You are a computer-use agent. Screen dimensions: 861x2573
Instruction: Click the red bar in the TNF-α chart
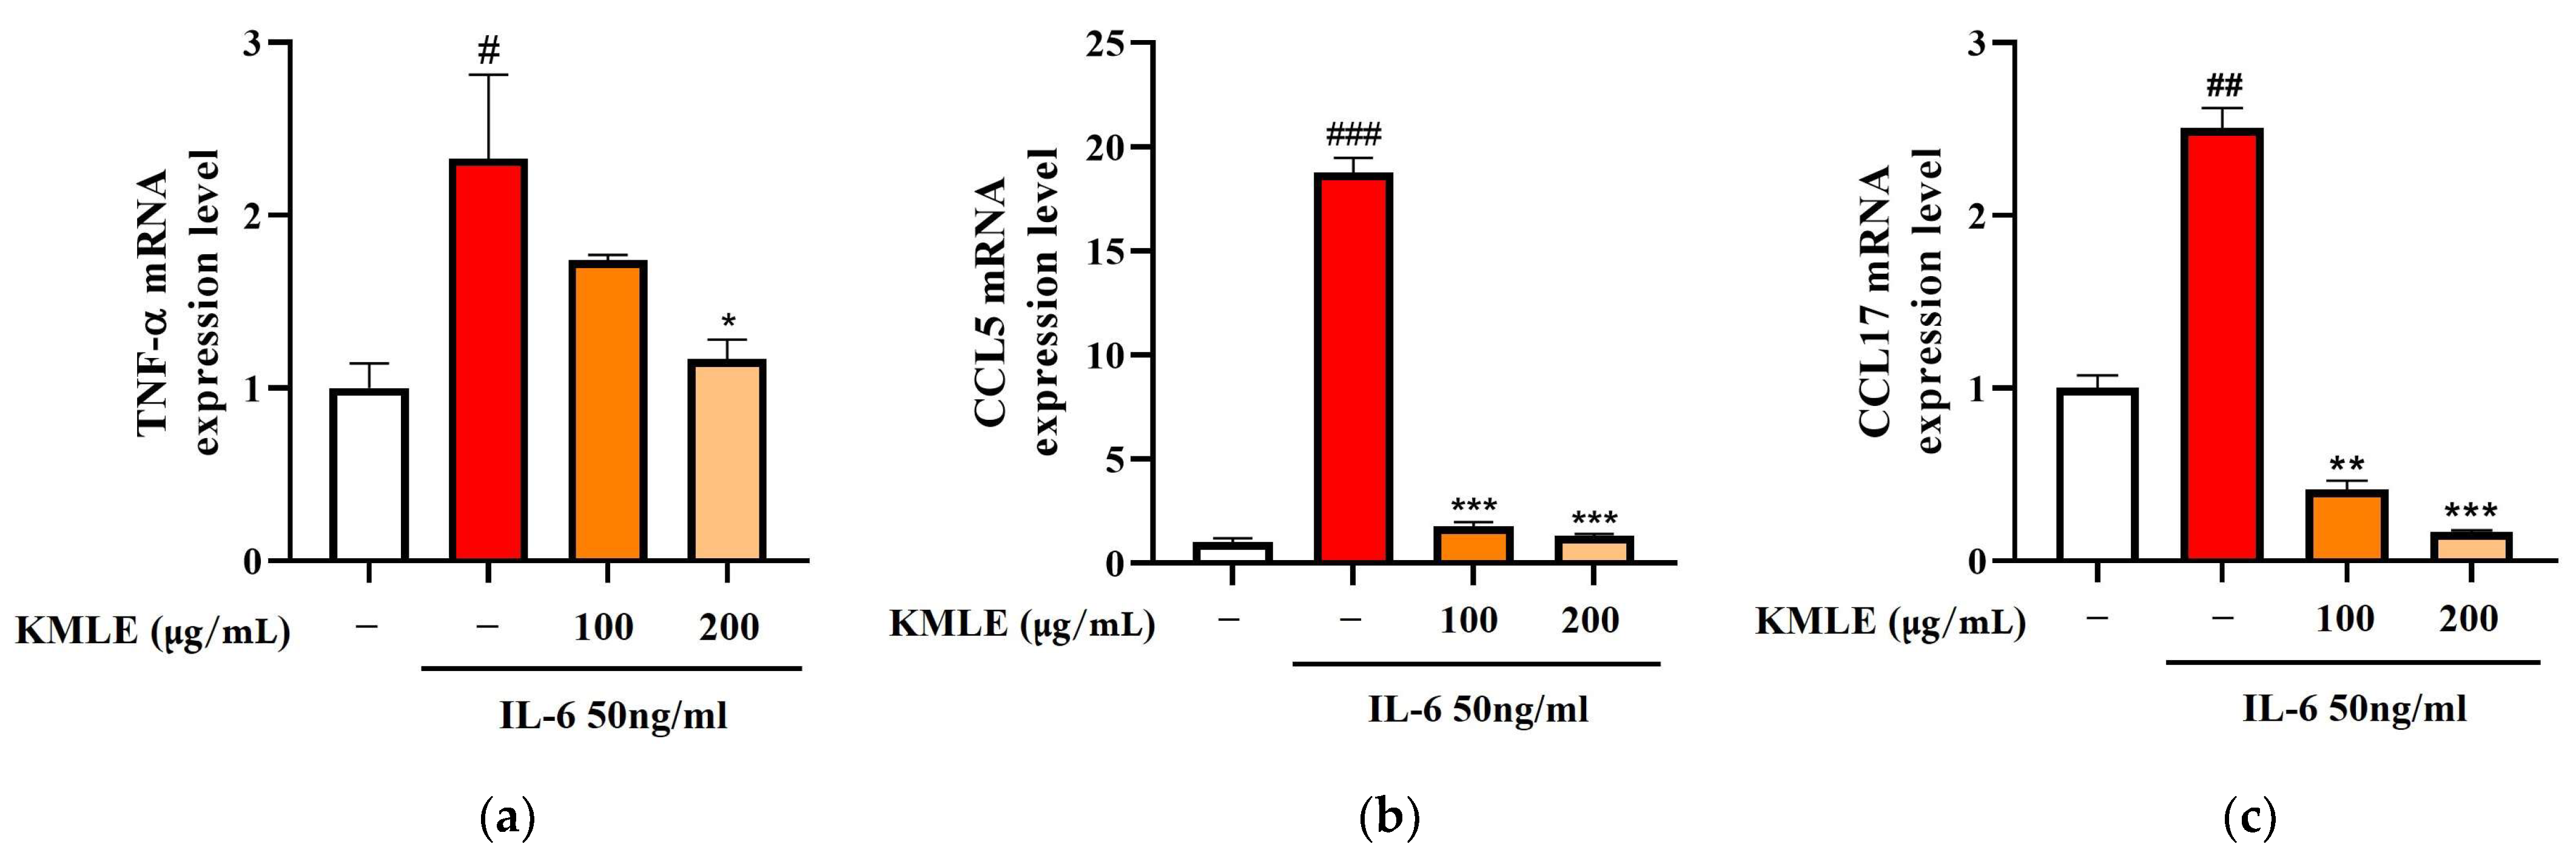pyautogui.click(x=488, y=360)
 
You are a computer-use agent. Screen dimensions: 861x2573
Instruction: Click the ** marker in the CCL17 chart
pyautogui.click(x=2346, y=464)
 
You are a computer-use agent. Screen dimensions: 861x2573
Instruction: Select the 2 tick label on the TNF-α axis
pyautogui.click(x=253, y=216)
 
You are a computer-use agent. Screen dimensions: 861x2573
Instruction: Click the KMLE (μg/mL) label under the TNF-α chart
pyautogui.click(x=153, y=631)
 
